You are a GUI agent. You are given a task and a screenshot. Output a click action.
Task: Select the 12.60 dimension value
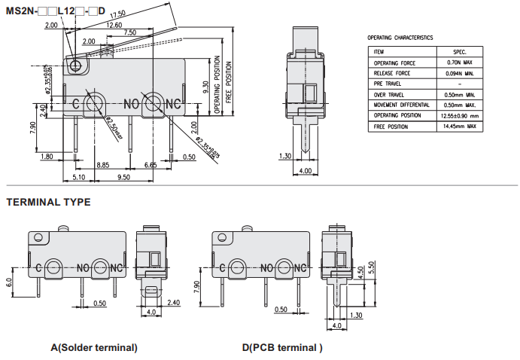point(114,25)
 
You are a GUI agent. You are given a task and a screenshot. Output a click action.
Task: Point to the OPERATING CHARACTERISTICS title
point(400,37)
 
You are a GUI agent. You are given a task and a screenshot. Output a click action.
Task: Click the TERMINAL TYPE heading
point(48,202)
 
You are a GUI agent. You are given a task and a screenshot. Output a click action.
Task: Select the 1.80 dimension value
point(47,156)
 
